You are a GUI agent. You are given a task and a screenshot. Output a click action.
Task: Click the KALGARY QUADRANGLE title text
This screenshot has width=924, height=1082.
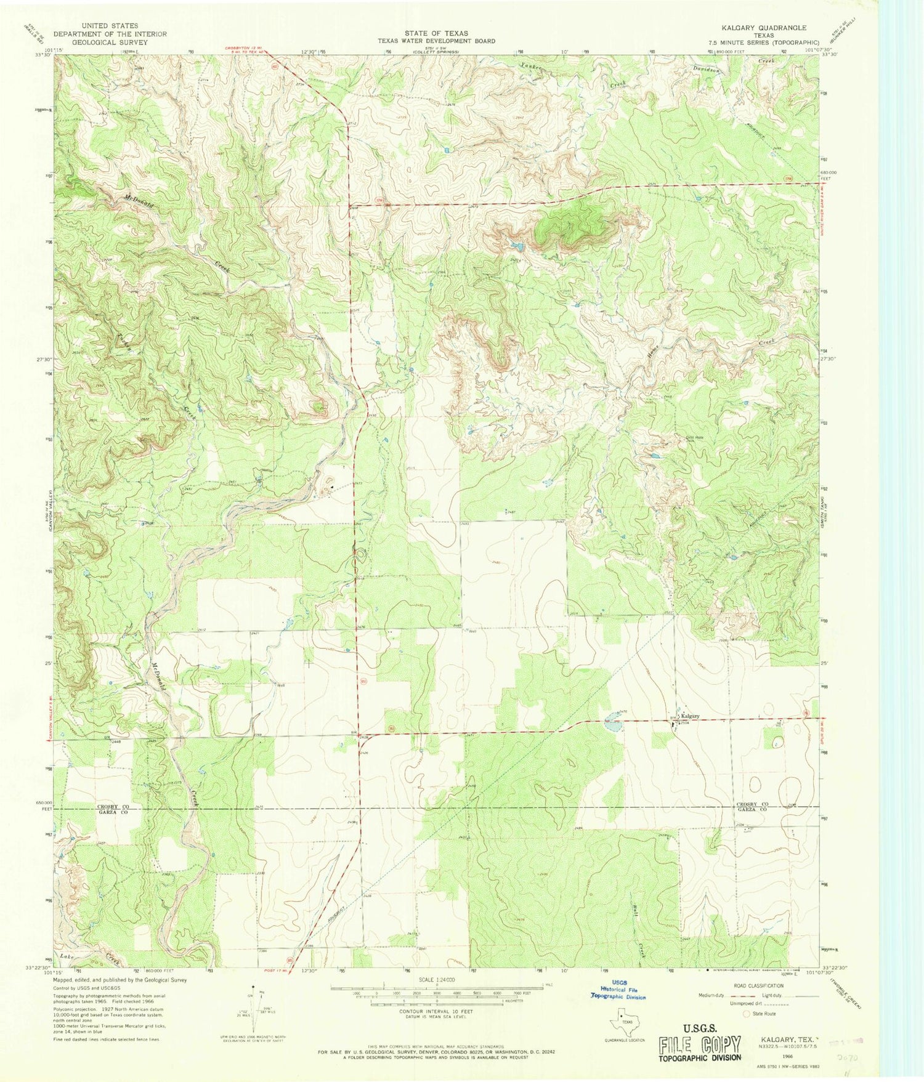click(764, 28)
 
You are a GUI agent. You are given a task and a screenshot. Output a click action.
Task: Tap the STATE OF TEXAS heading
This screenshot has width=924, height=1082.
click(436, 33)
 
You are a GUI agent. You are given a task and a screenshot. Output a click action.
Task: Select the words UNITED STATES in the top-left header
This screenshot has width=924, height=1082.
click(110, 26)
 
